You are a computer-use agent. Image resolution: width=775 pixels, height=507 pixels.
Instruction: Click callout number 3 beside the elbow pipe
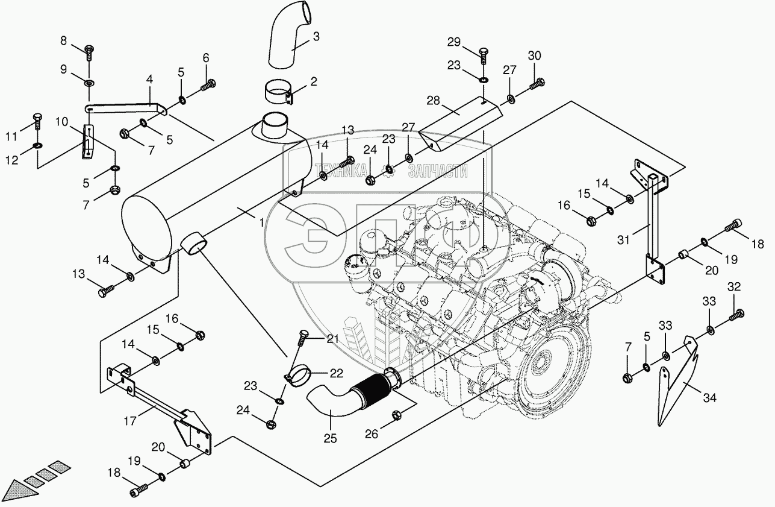[316, 37]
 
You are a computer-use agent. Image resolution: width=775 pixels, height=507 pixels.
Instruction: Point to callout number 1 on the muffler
[261, 222]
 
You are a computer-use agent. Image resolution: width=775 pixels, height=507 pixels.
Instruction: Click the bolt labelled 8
[89, 53]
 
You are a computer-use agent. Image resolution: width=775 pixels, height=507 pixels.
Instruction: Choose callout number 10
[61, 122]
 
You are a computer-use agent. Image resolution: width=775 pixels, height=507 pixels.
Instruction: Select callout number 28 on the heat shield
[433, 101]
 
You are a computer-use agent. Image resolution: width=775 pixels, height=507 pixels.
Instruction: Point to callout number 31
[623, 240]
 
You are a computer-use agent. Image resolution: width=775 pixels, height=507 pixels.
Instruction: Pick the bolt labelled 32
[736, 315]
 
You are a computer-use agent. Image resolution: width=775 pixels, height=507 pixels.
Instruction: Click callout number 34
[709, 398]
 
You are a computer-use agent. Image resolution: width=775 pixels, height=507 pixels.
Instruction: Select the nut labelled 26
[396, 414]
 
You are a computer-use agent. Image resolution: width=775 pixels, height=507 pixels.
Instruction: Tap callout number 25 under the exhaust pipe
[330, 438]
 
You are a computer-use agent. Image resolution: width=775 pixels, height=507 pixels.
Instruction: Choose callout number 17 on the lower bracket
[130, 421]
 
